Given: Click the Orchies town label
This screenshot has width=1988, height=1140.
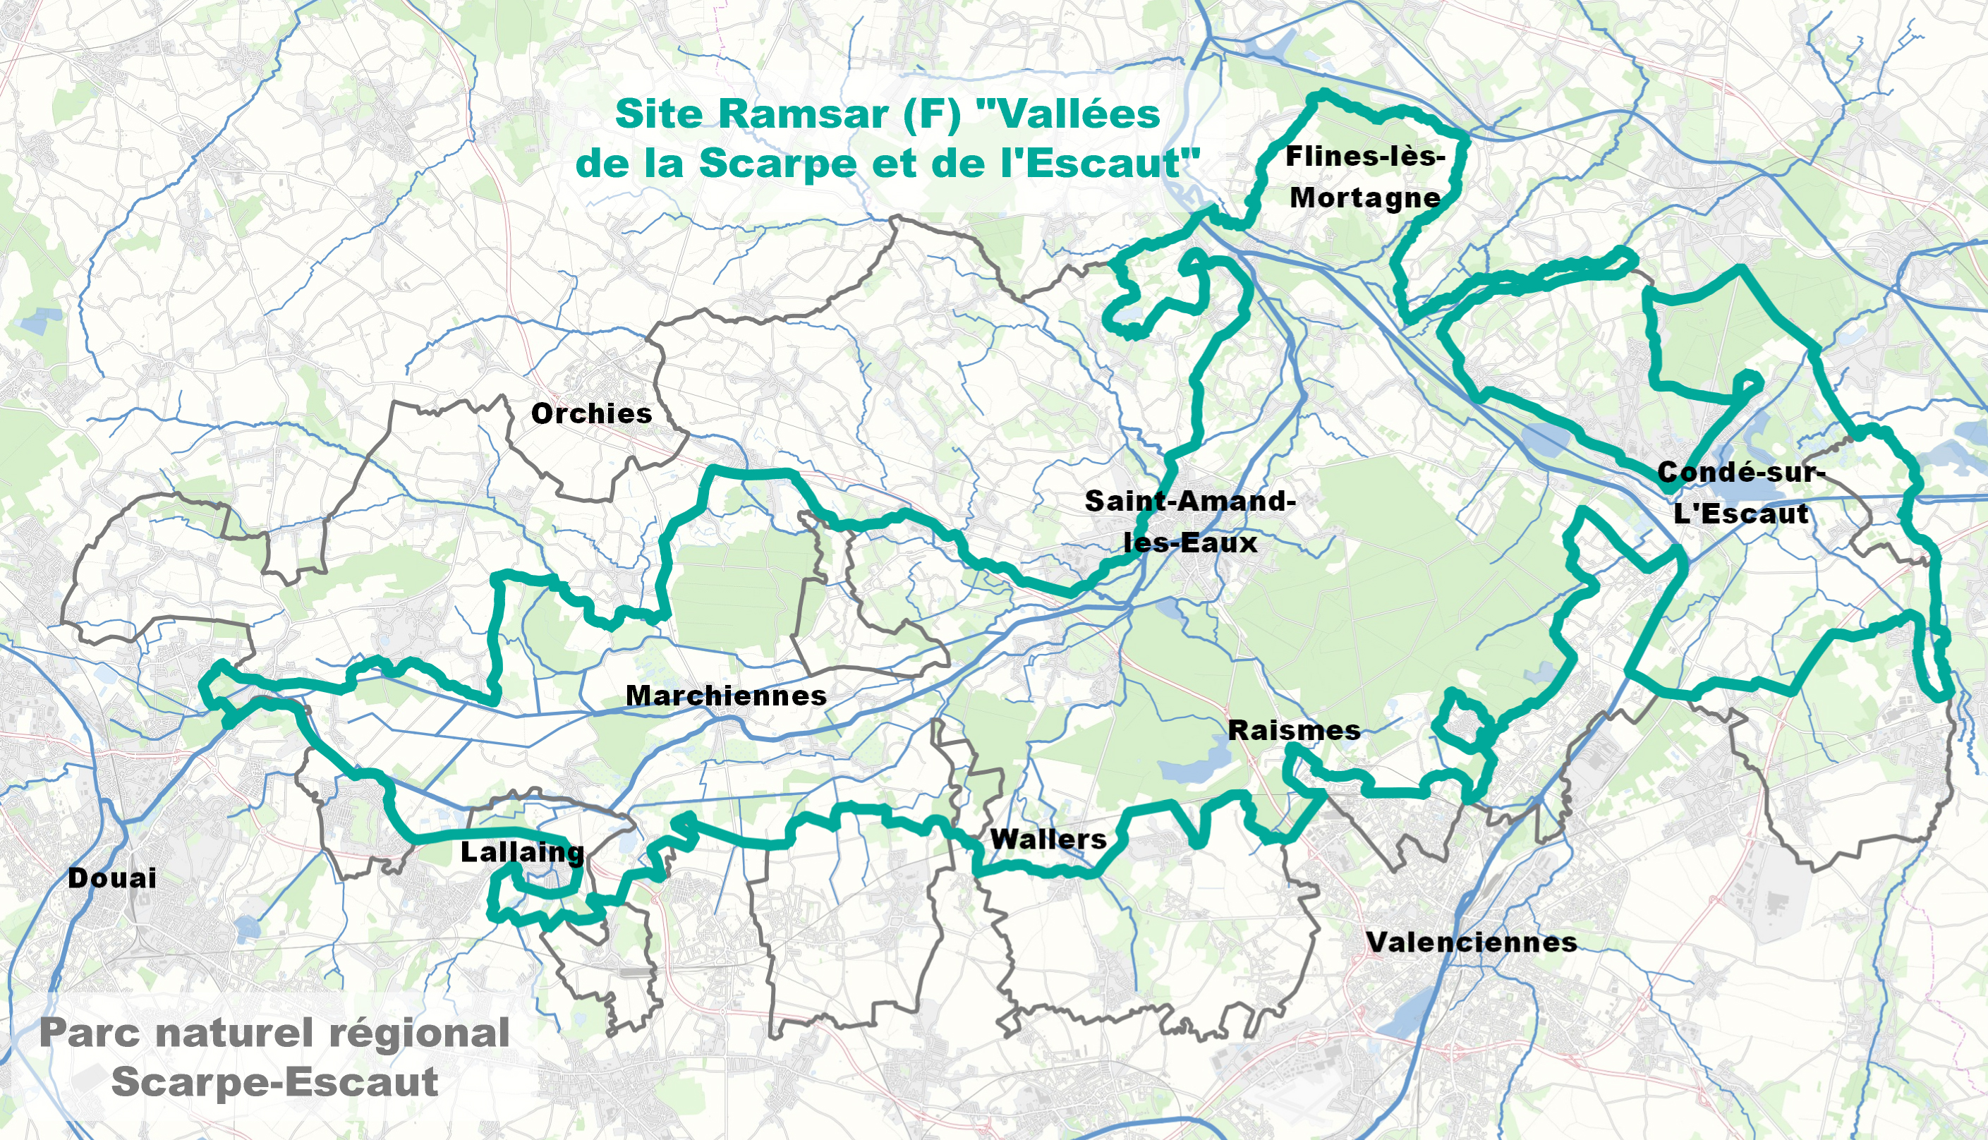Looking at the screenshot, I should click(591, 413).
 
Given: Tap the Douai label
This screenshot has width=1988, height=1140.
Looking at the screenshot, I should click(112, 878).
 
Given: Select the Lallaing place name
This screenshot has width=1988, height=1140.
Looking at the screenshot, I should click(522, 852).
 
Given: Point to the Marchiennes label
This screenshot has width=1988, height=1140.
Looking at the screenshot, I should click(726, 696).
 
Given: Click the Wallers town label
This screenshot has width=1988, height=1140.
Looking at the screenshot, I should click(1048, 839).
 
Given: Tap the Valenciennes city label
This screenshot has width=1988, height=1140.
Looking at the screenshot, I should click(1471, 942).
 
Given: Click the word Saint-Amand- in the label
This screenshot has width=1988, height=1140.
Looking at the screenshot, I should click(1190, 501).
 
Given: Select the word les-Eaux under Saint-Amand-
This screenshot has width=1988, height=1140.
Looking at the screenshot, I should click(1190, 542).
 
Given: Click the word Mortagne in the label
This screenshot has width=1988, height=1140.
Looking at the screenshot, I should click(1365, 198).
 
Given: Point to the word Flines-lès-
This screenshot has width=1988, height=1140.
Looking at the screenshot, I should click(1365, 157).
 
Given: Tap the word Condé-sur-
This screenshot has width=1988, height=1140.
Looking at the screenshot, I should click(1740, 472).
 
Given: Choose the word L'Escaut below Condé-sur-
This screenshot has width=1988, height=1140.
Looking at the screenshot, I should click(1740, 514).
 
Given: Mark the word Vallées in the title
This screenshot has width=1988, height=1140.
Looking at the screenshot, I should click(1069, 114).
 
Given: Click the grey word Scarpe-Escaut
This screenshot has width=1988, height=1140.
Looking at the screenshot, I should click(274, 1082).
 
